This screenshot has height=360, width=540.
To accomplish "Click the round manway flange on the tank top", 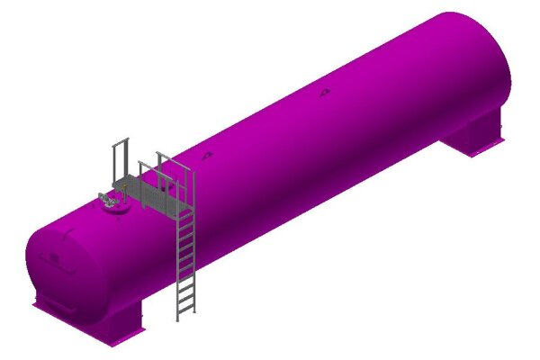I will [x=114, y=206].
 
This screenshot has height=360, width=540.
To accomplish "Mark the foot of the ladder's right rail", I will [x=193, y=311].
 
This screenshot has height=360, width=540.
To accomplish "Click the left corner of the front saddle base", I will [x=36, y=305].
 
